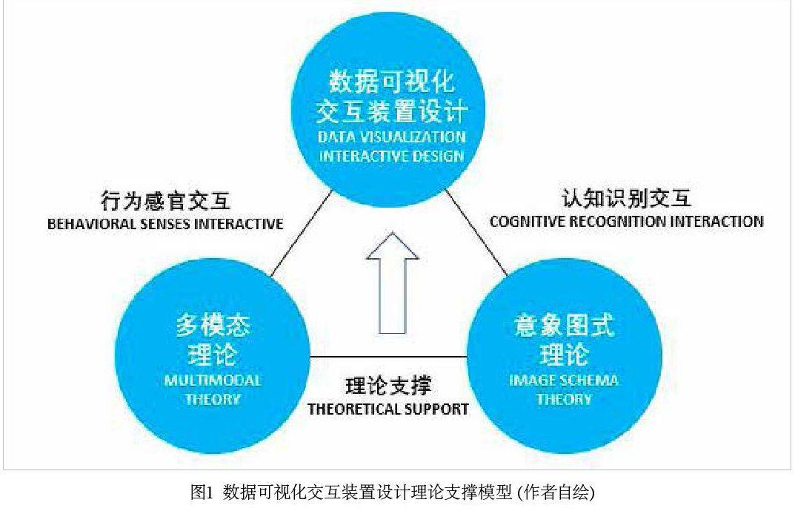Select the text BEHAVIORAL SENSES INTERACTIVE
[165, 224]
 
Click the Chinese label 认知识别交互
[626, 198]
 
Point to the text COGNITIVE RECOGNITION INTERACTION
[626, 221]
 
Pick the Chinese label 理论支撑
[388, 386]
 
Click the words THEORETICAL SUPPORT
[388, 408]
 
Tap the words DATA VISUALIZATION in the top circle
[392, 137]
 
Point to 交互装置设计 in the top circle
[392, 111]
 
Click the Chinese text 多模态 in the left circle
[213, 326]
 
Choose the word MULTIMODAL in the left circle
[213, 381]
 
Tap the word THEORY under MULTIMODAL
[213, 399]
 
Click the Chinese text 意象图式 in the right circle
[565, 326]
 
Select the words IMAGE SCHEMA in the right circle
[565, 381]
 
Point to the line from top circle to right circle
[476, 235]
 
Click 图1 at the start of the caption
[202, 492]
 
